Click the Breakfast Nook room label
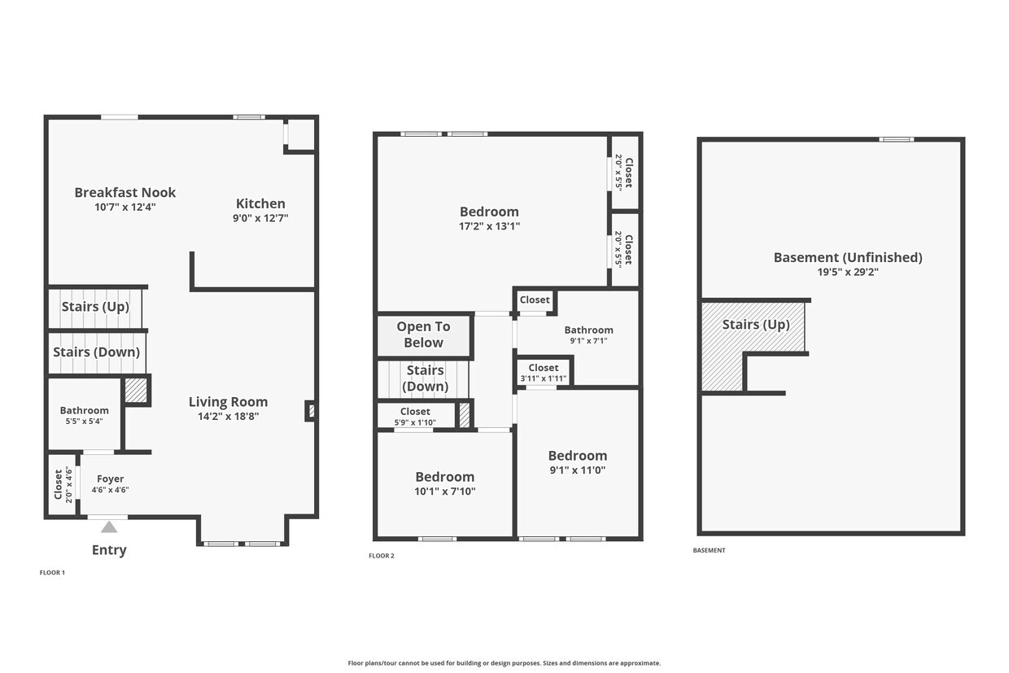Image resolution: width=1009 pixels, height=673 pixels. (124, 193)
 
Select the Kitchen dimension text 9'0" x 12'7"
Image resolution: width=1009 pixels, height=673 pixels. (261, 218)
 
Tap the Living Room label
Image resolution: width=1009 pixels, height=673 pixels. (228, 402)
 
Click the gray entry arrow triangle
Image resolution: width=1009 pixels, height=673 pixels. (109, 527)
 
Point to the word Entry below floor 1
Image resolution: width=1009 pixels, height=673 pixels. (109, 550)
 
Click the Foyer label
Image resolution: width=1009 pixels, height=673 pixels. (110, 479)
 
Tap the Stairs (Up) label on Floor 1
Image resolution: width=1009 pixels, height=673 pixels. (95, 307)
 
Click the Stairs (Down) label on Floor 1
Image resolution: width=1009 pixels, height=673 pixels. (96, 352)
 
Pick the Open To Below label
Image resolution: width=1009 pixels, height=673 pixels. (423, 334)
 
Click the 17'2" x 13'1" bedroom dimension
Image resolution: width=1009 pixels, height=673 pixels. (489, 226)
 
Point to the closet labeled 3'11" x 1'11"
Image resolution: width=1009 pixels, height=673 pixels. (544, 373)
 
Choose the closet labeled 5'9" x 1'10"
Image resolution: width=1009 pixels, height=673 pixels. (415, 417)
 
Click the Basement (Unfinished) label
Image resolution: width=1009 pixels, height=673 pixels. (847, 258)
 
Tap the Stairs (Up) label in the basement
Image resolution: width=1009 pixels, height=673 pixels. (756, 325)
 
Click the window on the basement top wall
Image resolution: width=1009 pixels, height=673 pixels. (896, 139)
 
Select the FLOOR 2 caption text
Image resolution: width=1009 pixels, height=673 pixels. (381, 556)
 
